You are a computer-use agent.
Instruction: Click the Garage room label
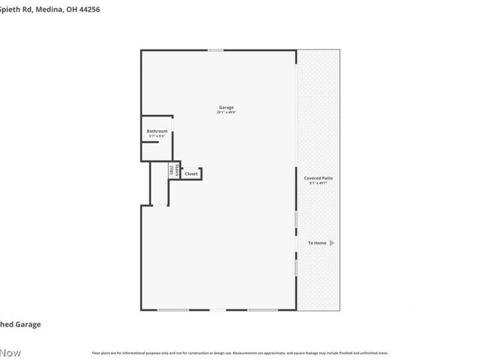pos(226,107)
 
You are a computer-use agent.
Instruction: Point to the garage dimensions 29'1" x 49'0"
pos(226,112)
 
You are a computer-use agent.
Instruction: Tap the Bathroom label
pos(157,131)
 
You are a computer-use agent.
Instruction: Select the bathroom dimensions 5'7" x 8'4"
pos(157,136)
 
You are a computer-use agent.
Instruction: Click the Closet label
pos(191,174)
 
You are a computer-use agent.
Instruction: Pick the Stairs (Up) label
pos(175,170)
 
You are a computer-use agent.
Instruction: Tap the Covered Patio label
pos(318,178)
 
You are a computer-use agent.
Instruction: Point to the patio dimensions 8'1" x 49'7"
pos(318,183)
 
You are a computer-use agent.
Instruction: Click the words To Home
pos(317,243)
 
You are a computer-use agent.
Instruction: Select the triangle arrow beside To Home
pos(332,243)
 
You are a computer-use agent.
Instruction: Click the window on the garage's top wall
pos(215,50)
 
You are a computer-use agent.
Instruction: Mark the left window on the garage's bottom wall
pos(173,310)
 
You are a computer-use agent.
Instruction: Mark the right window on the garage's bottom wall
pos(263,310)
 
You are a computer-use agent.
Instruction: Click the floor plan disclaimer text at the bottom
pos(240,353)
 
